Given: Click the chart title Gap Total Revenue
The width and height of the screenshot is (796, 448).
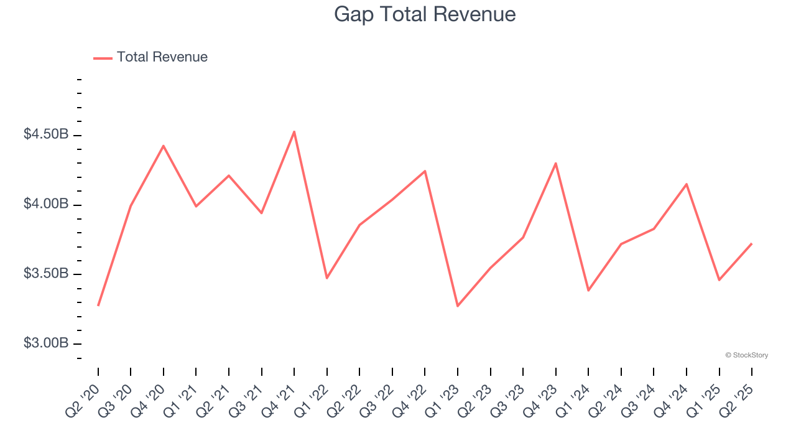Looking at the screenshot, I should [425, 14].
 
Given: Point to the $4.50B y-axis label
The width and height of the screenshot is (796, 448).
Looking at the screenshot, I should [46, 134].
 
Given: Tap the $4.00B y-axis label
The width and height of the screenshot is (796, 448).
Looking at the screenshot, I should [46, 204].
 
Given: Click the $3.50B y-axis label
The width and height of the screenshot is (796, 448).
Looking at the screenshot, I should [46, 274].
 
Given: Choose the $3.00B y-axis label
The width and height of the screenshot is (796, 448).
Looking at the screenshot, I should [46, 343].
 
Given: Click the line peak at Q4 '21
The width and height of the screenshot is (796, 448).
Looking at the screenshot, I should [294, 131].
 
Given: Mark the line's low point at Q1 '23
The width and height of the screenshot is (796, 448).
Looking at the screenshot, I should [458, 306].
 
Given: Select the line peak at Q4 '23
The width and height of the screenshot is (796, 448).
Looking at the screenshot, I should [555, 163].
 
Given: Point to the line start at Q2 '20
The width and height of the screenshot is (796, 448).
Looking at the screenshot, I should [98, 306].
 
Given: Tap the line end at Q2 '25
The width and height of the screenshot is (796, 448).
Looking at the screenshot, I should [752, 244].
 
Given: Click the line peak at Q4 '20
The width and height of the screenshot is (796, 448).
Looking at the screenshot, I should [164, 146].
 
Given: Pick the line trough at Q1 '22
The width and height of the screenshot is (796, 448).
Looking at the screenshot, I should [327, 278].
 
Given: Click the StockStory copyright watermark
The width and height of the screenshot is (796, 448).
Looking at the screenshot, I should [746, 355].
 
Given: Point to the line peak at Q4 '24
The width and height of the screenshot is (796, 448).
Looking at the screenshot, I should [687, 184].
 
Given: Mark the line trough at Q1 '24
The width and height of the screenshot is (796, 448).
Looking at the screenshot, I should [588, 291].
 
